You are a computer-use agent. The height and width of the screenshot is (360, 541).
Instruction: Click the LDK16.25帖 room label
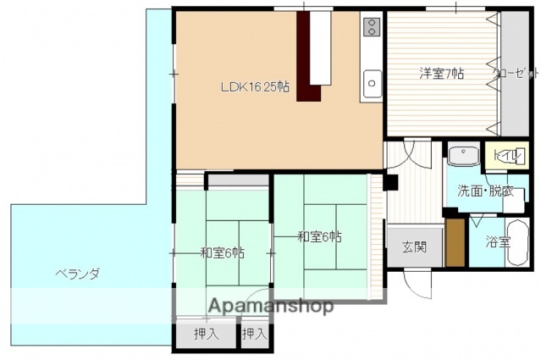click(x=255, y=86)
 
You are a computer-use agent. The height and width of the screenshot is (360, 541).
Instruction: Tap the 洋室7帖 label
click(x=441, y=74)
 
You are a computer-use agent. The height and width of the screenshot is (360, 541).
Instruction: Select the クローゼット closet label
click(x=516, y=74)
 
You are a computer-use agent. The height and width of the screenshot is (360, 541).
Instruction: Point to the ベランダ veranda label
click(x=78, y=273)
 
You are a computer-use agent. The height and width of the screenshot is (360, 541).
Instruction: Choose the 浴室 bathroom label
click(x=498, y=242)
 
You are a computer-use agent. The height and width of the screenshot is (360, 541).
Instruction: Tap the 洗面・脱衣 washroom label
click(x=485, y=191)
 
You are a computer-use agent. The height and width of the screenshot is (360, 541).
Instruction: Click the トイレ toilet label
click(x=506, y=155)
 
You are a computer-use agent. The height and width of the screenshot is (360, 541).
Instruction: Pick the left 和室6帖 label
click(x=223, y=252)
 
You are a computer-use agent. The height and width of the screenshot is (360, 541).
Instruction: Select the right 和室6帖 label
click(x=320, y=236)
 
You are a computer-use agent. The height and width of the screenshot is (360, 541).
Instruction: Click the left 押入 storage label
click(x=206, y=334)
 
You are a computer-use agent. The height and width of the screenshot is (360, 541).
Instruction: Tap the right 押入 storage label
click(x=254, y=334)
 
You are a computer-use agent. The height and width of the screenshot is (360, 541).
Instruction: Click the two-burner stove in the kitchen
click(x=371, y=28)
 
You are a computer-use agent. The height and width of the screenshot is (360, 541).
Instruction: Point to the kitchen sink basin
click(x=372, y=82)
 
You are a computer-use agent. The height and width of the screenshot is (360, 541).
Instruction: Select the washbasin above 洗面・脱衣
click(x=463, y=157)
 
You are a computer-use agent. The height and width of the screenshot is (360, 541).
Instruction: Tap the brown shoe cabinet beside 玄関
click(x=455, y=243)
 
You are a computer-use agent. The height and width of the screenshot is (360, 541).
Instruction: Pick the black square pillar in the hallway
click(x=390, y=180)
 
